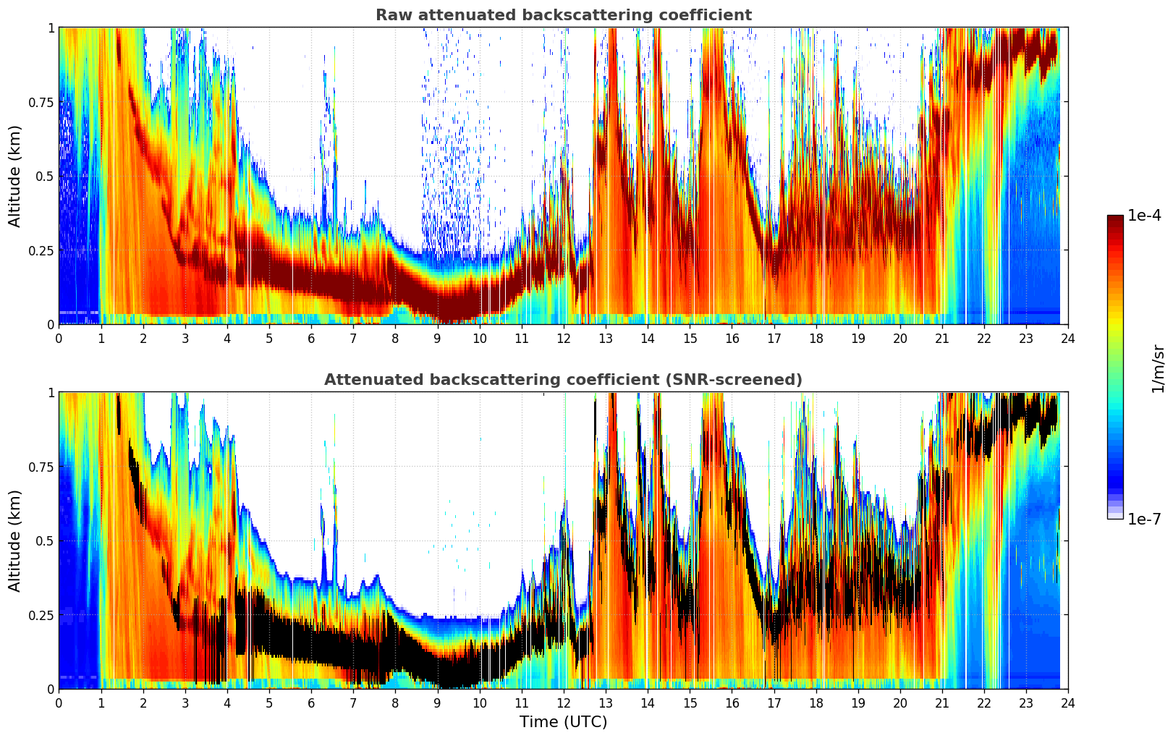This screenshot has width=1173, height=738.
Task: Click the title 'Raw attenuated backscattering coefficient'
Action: (563, 15)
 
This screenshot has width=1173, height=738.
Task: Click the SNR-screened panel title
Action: (563, 380)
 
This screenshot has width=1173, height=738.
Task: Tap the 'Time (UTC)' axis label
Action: (563, 722)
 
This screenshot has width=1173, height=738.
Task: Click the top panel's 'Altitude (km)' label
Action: (15, 176)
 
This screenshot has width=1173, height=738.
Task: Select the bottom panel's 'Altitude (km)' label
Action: (15, 540)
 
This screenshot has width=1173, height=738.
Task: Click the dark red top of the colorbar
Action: (1115, 219)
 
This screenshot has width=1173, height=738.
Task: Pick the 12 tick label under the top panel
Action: (564, 338)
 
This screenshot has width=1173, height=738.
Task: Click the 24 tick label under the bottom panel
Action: (1068, 703)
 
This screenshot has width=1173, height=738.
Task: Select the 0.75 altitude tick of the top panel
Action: (41, 102)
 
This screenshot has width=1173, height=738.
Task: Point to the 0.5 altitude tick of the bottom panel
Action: (45, 540)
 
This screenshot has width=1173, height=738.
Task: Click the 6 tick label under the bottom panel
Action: (311, 703)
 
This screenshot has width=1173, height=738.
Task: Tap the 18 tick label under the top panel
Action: (816, 338)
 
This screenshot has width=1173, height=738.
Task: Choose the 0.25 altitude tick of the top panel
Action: (41, 250)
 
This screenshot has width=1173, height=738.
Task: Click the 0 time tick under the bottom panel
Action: (59, 703)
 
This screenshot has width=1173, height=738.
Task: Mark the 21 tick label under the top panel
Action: (941, 338)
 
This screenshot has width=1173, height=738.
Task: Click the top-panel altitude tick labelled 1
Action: (51, 27)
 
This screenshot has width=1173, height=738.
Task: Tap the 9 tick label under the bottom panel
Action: (437, 703)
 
